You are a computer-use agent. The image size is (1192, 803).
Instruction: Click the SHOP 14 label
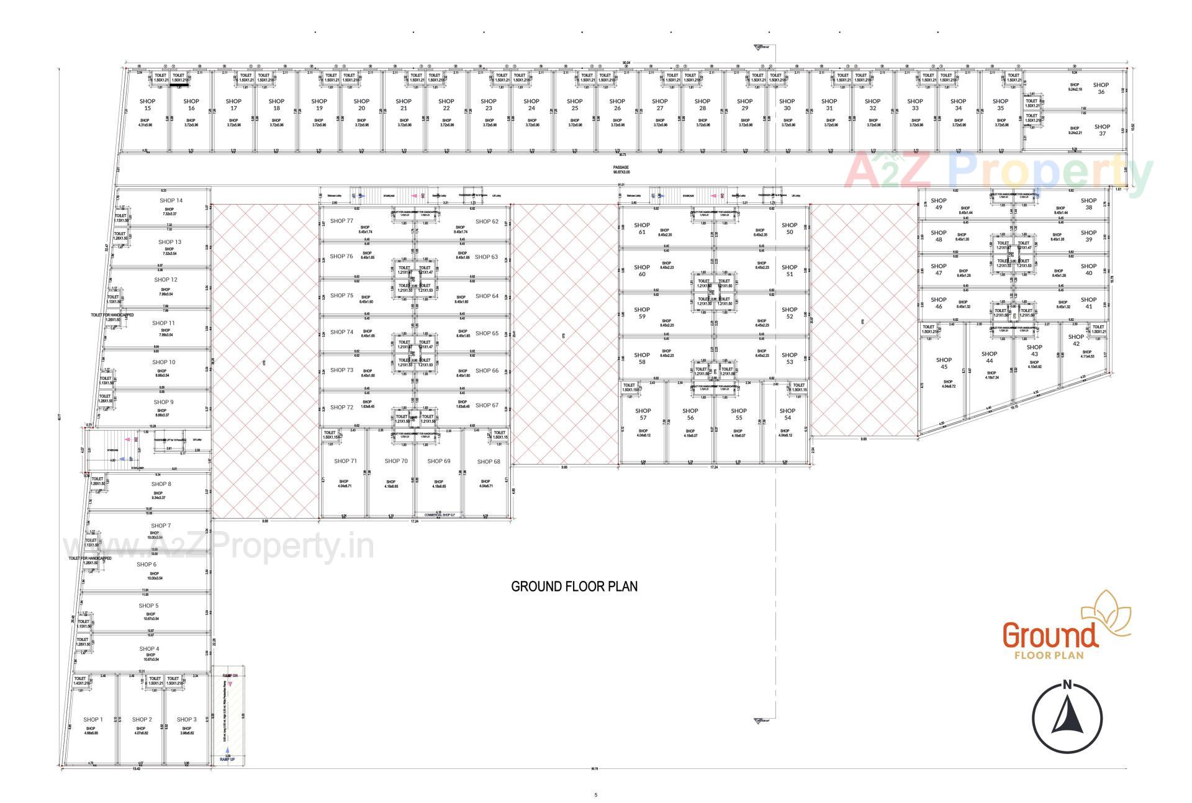point(171,200)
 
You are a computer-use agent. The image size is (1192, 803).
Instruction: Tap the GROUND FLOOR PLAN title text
point(574,586)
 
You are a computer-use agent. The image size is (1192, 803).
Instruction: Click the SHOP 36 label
point(1101,88)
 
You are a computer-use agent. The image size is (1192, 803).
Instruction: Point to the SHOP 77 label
point(341,221)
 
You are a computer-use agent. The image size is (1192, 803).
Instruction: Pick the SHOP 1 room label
point(93,720)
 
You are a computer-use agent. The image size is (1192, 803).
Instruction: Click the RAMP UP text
point(227,759)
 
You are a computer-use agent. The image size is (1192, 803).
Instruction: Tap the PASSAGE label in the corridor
point(621,168)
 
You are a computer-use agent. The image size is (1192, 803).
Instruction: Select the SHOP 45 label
point(944,363)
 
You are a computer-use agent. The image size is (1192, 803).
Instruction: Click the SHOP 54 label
point(787,414)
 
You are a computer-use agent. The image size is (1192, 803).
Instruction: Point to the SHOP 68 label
point(489,462)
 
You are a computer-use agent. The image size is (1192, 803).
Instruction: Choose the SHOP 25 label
point(574,104)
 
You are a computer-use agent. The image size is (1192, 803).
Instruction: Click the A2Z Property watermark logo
point(1000,171)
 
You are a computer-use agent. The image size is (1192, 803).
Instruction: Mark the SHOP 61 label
point(642,228)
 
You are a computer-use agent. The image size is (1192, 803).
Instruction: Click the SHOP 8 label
point(161,484)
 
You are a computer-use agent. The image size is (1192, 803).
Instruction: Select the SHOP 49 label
point(938,204)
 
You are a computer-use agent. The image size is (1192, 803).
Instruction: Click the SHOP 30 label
point(787,104)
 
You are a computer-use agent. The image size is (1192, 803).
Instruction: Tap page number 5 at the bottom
point(595,794)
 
